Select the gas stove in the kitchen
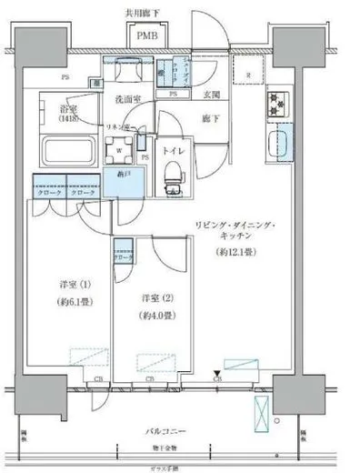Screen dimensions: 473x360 (277, 106)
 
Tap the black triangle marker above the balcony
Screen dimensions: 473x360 (215, 372)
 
